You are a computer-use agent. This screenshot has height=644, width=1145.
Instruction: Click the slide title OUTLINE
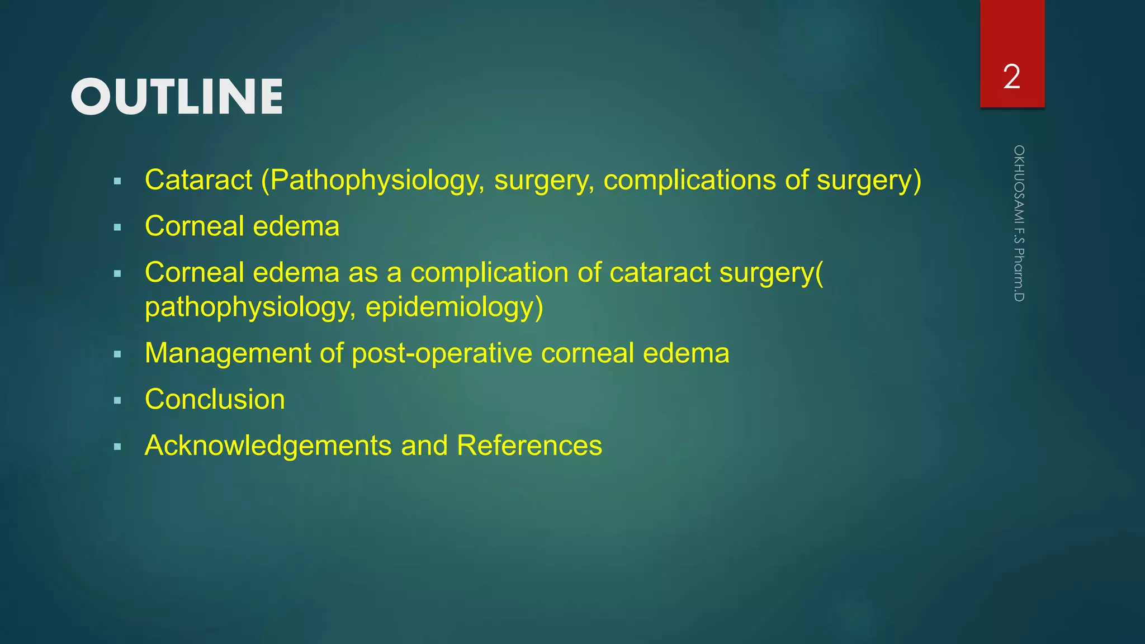pos(177,97)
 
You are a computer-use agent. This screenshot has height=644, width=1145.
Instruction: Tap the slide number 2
pos(1011,77)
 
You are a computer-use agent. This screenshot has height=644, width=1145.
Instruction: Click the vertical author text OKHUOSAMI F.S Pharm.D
pos(1019,224)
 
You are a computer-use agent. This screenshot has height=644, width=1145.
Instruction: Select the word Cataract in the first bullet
pos(198,180)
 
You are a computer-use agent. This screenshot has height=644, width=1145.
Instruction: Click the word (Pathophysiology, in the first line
pos(373,180)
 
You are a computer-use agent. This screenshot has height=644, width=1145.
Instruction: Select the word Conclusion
pos(215,400)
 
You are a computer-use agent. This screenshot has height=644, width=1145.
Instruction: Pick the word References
pos(529,446)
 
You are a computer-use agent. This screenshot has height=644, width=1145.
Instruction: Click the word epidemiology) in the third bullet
pos(454,307)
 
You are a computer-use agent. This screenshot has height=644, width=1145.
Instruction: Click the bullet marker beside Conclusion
pos(117,401)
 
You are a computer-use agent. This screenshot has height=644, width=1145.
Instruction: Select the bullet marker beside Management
pos(117,354)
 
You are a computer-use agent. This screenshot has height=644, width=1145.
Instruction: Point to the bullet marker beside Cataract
pos(117,181)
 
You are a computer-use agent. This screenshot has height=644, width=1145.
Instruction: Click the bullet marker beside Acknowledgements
pos(117,447)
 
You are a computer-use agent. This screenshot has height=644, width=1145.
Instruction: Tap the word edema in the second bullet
pos(296,226)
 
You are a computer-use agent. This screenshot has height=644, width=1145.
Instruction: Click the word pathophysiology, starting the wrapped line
pos(250,307)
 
